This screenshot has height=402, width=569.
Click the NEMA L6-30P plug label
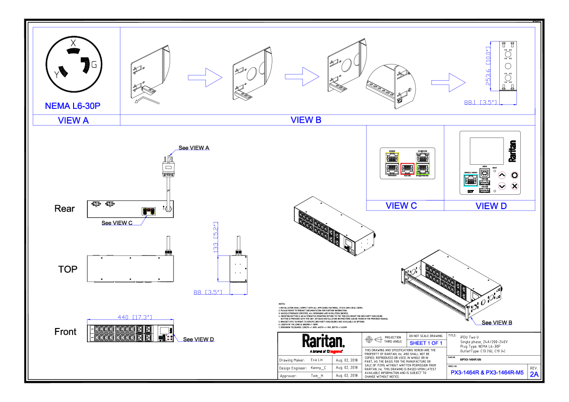[x=73, y=106]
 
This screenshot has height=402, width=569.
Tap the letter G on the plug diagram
[x=94, y=65]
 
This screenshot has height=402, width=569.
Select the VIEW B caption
[x=306, y=120]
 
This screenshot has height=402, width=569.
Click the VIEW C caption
[x=401, y=206]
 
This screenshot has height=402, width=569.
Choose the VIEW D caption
[x=491, y=206]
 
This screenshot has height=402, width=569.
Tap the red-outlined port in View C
[x=407, y=168]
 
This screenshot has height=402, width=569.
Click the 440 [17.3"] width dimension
[x=135, y=317]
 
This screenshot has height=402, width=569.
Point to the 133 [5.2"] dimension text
[x=216, y=237]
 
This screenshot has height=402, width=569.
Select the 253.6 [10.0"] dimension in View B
[x=488, y=66]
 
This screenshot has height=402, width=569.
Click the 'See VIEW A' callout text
[x=194, y=148]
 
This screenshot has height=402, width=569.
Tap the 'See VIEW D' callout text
[x=199, y=339]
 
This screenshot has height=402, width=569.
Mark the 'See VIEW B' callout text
[x=497, y=323]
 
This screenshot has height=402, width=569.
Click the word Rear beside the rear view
[x=64, y=209]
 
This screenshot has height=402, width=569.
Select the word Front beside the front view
[x=65, y=332]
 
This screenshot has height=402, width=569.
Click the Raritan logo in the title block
[x=322, y=341]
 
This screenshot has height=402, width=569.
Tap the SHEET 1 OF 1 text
[x=426, y=343]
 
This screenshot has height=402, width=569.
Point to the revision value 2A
[x=534, y=375]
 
